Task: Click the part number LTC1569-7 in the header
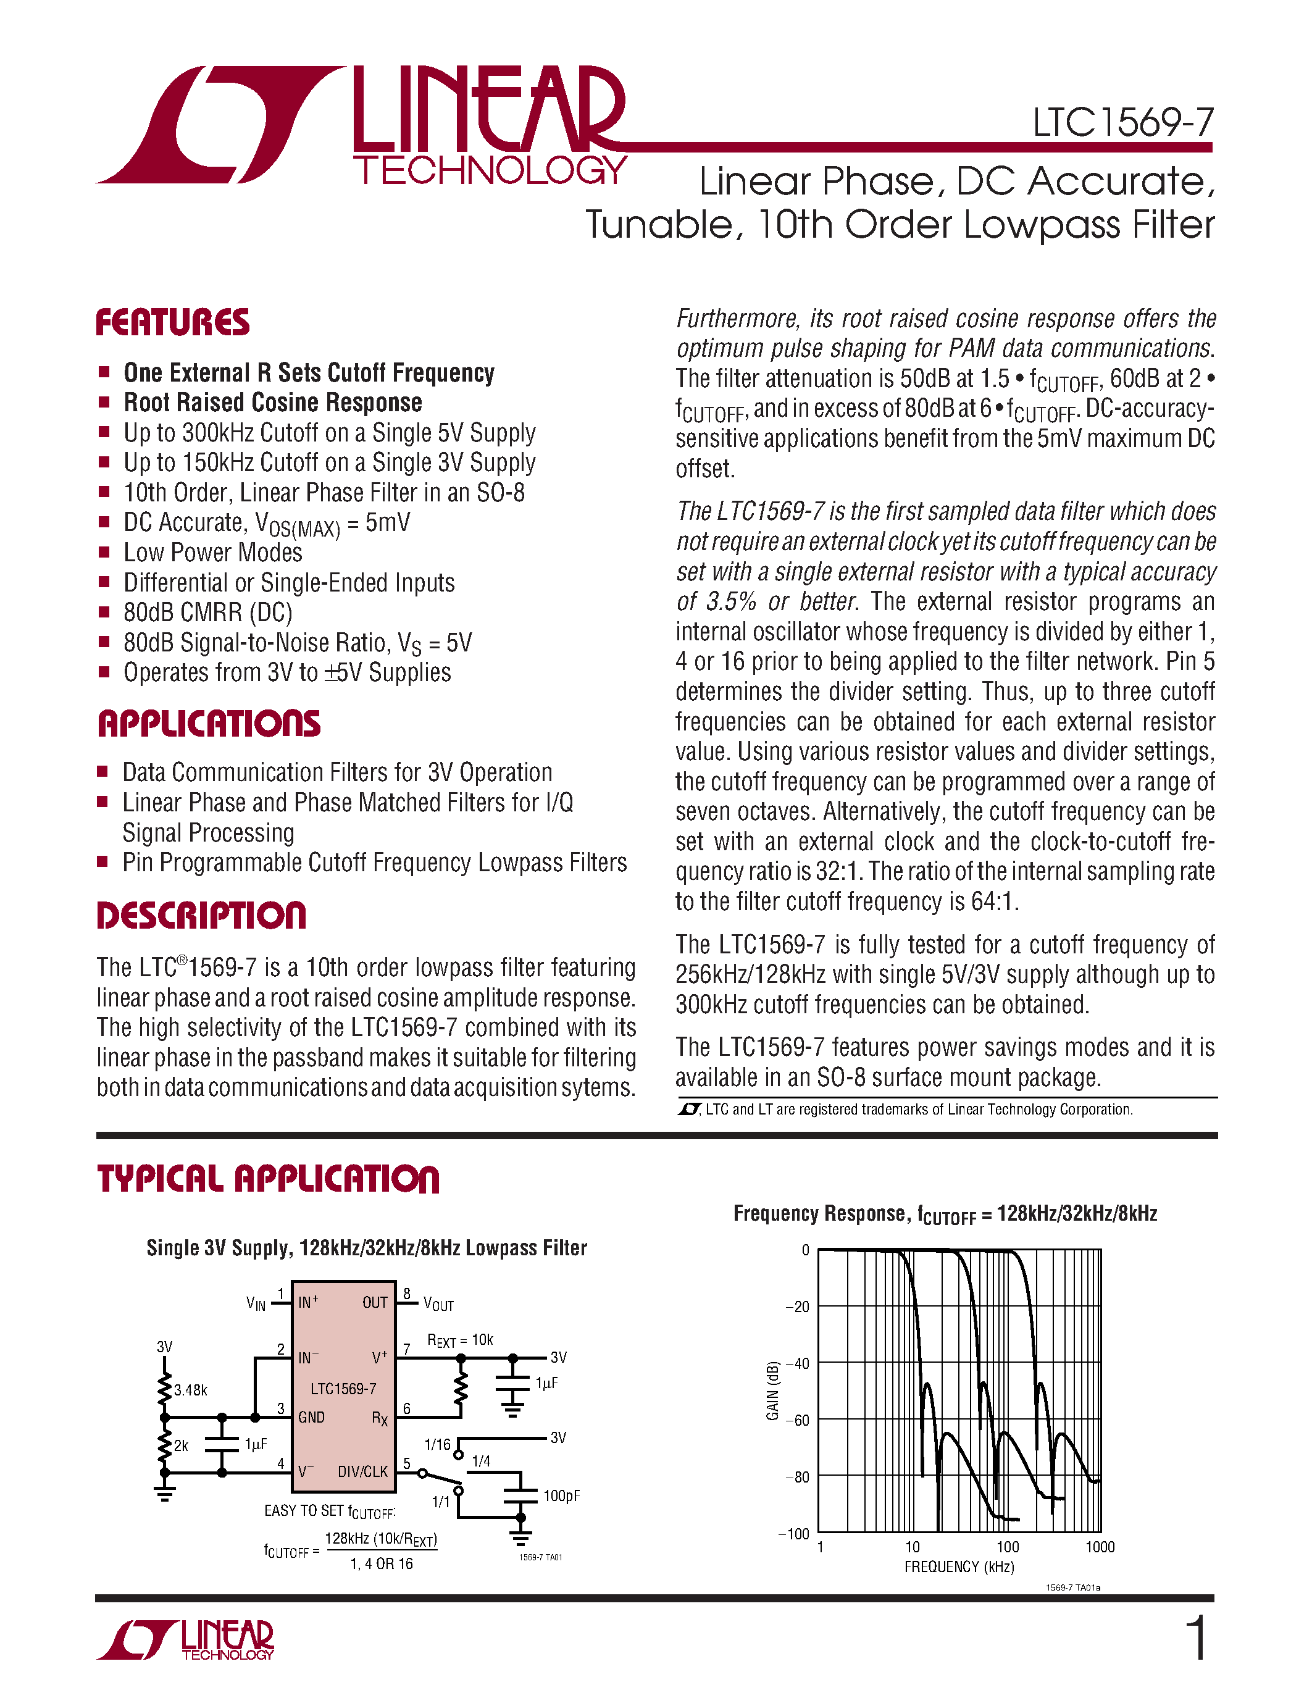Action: pyautogui.click(x=1122, y=123)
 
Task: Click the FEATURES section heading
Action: pyautogui.click(x=172, y=323)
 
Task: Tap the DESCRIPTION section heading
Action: pyautogui.click(x=201, y=915)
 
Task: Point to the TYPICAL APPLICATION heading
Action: pyautogui.click(x=268, y=1179)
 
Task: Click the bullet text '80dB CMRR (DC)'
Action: pyautogui.click(x=207, y=613)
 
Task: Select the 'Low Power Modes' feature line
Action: pyautogui.click(x=212, y=553)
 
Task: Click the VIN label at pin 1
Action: pyautogui.click(x=256, y=1303)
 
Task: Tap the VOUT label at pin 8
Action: pyautogui.click(x=438, y=1304)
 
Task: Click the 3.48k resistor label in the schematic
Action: pyautogui.click(x=190, y=1389)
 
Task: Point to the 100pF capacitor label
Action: pyautogui.click(x=561, y=1496)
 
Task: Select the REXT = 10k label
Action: pyautogui.click(x=460, y=1340)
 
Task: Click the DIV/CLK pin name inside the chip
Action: pyautogui.click(x=362, y=1471)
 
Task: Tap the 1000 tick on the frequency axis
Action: pyautogui.click(x=1099, y=1547)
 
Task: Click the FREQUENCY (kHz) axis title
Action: pyautogui.click(x=959, y=1566)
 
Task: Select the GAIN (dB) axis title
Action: pyautogui.click(x=772, y=1392)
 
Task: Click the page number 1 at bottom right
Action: pyautogui.click(x=1198, y=1638)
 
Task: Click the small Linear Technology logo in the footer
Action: pyautogui.click(x=186, y=1640)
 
